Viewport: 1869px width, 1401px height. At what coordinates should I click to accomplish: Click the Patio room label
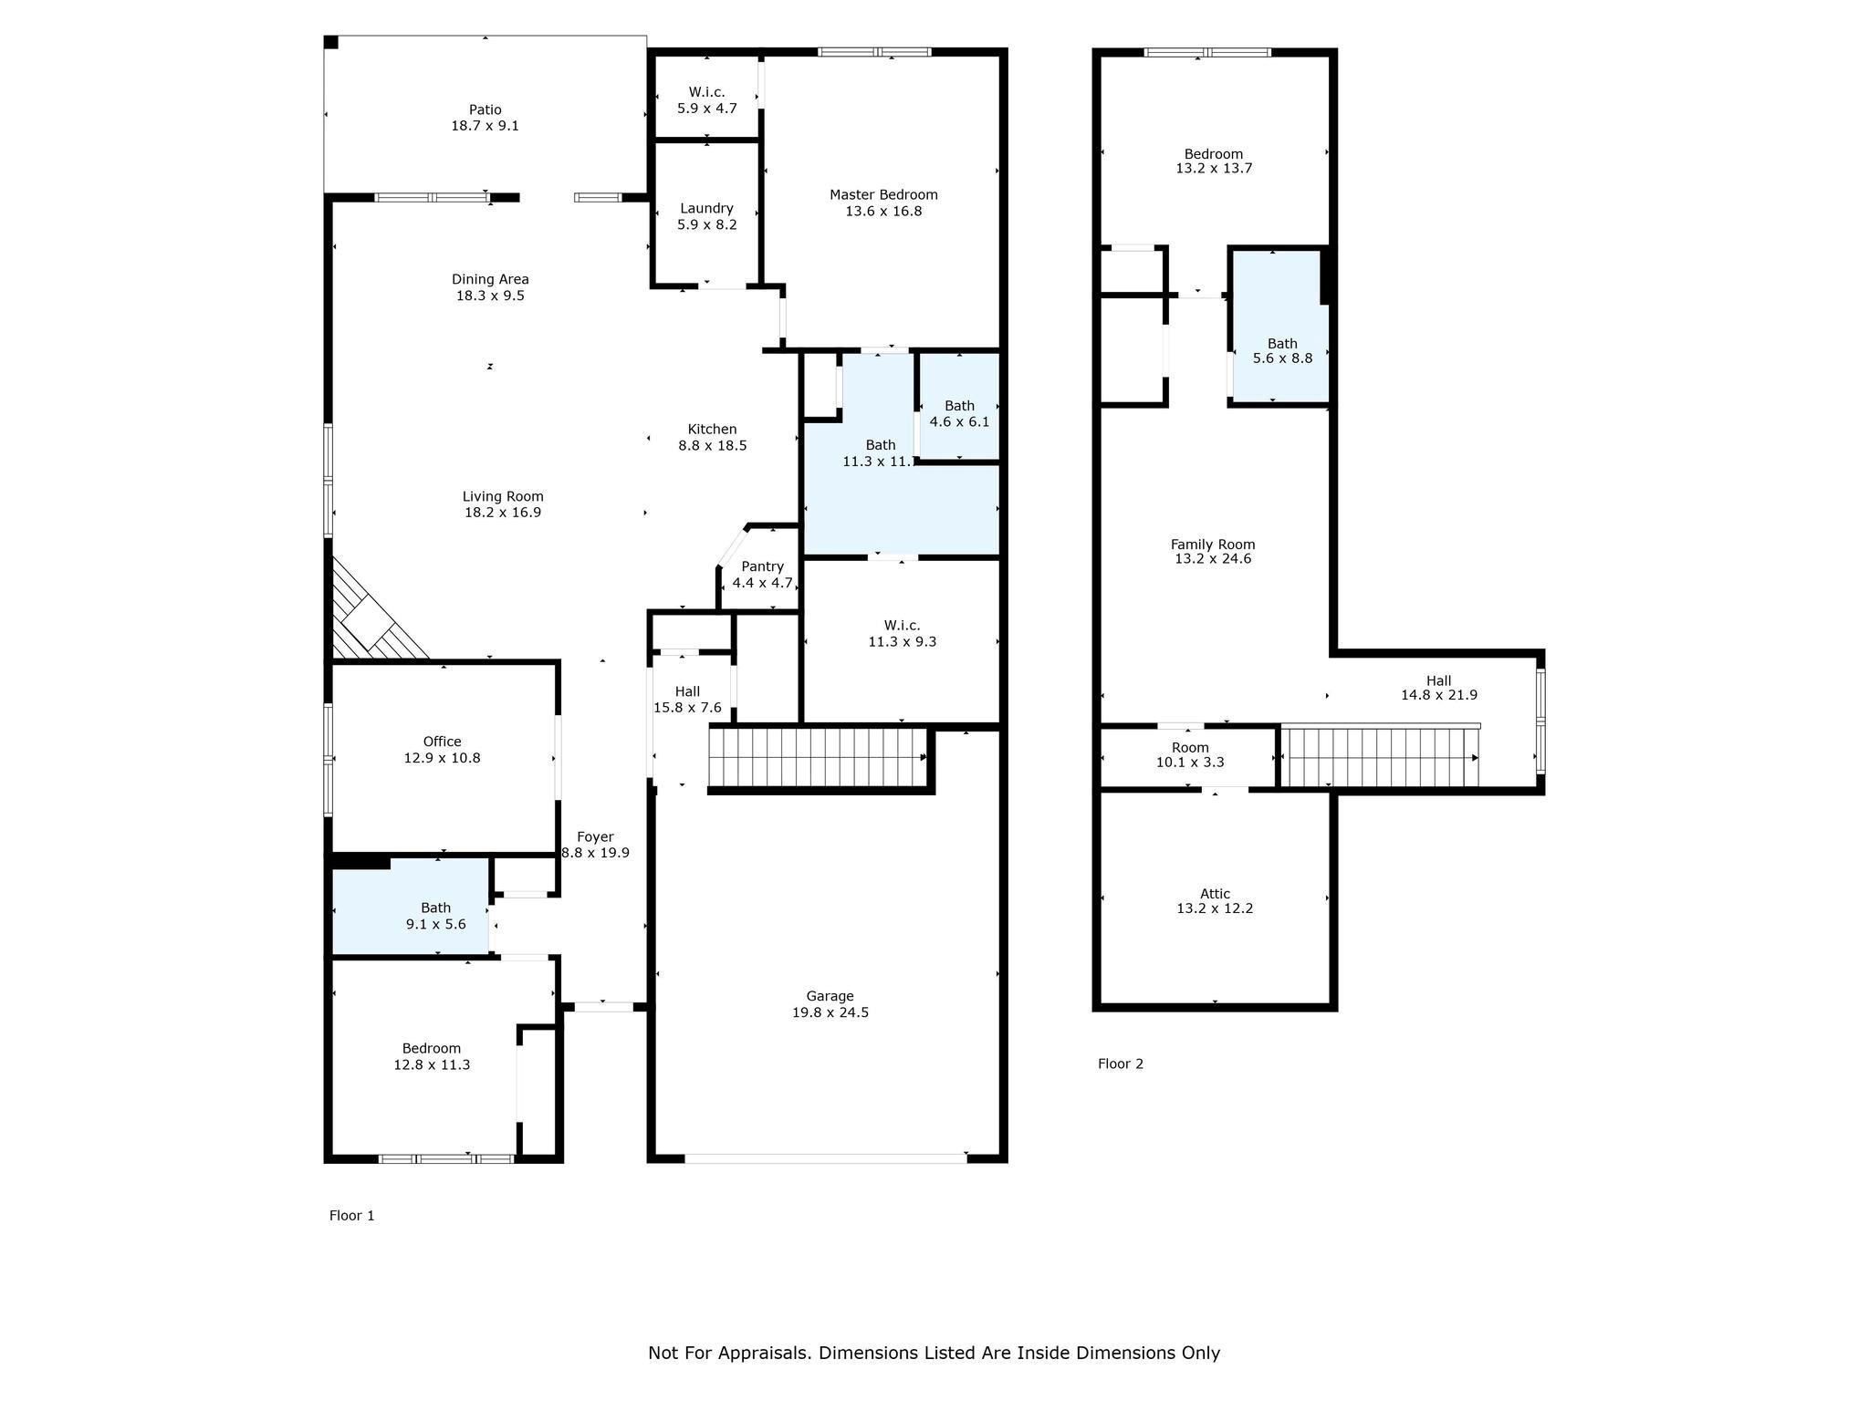tap(485, 109)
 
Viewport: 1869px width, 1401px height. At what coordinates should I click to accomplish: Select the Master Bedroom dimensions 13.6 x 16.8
tap(882, 212)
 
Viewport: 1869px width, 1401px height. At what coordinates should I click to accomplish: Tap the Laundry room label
tap(706, 208)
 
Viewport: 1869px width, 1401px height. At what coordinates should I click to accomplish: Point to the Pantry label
tap(762, 566)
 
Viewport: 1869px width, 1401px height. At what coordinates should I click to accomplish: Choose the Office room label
tap(442, 742)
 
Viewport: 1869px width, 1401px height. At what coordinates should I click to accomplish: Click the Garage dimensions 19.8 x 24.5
tap(830, 1012)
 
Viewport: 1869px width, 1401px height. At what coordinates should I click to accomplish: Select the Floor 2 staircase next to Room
tap(1380, 757)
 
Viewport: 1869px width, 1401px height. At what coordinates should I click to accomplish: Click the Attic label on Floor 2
tap(1215, 894)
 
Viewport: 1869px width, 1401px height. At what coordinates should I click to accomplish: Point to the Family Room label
tap(1213, 545)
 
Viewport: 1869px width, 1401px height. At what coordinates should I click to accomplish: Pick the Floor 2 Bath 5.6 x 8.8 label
tap(1282, 344)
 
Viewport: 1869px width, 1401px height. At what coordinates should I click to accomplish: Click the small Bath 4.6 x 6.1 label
tap(959, 406)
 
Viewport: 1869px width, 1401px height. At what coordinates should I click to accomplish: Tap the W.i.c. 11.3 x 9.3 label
tap(902, 626)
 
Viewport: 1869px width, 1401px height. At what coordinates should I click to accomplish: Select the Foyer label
tap(595, 837)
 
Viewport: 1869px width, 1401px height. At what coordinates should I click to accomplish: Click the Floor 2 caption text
tap(1120, 1064)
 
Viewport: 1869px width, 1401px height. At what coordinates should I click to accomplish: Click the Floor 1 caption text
tap(351, 1216)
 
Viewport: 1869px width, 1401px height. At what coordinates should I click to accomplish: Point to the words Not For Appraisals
tap(728, 1354)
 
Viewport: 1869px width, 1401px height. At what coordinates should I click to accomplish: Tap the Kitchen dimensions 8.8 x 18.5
tap(712, 446)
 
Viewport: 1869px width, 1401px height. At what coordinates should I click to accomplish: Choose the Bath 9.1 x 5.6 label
tap(435, 908)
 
